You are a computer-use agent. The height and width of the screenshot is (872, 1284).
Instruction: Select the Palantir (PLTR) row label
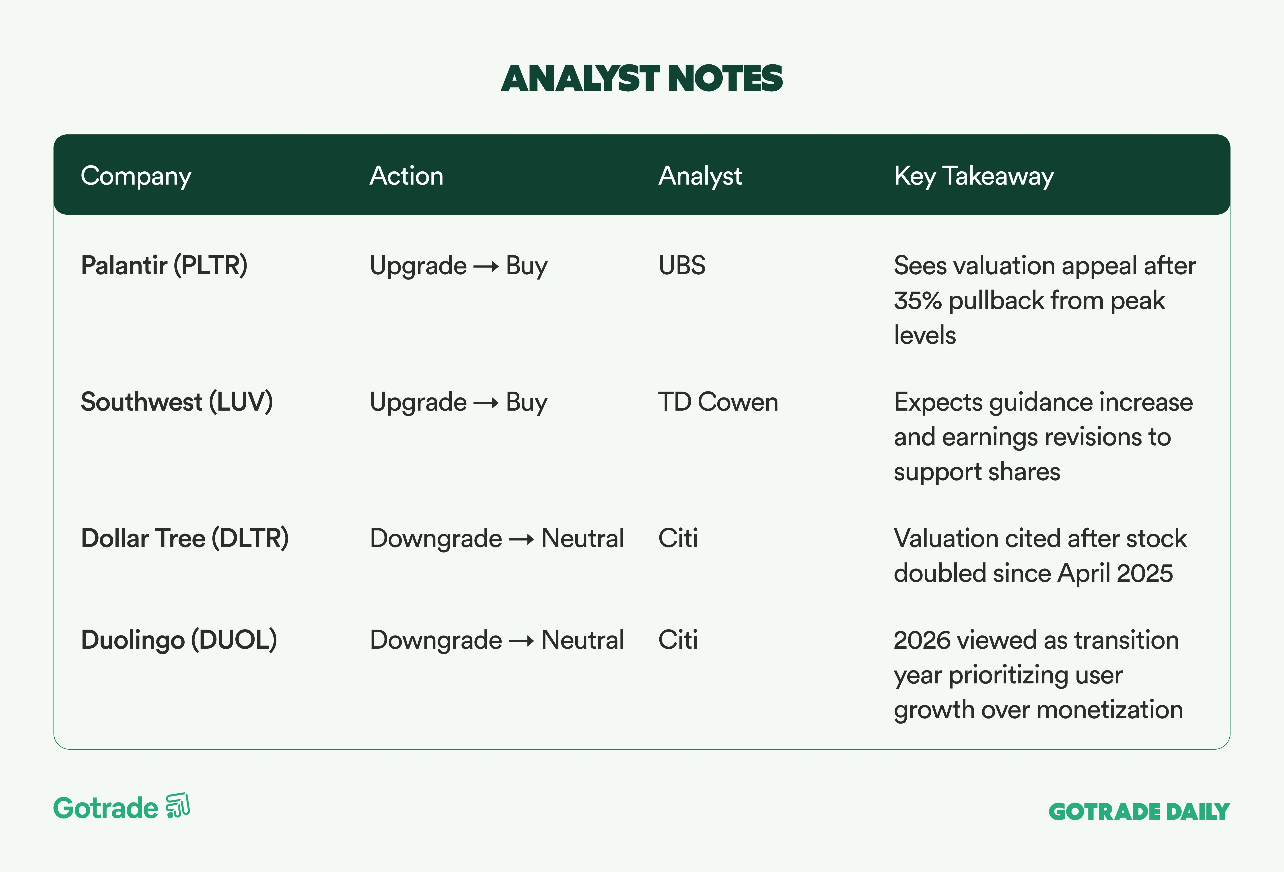pos(164,266)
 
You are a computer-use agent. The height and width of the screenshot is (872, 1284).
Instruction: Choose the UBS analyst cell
pos(682,266)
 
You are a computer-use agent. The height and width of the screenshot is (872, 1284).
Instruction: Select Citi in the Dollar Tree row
pos(678,538)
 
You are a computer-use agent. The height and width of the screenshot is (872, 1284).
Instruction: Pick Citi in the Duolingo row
pos(678,640)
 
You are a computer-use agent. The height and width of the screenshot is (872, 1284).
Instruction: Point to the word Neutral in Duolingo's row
pos(582,640)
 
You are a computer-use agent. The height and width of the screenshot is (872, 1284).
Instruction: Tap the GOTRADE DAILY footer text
pos(1139,812)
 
